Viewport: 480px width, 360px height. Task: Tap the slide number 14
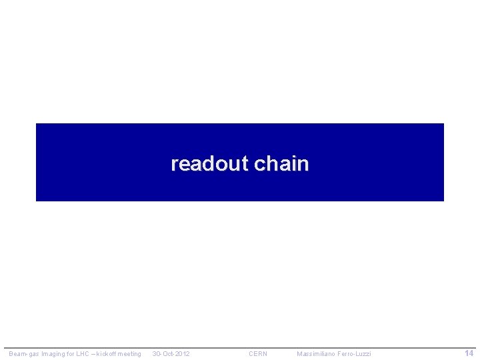(469, 353)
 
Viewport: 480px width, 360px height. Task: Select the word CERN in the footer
(258, 354)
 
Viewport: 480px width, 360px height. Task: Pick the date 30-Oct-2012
(171, 354)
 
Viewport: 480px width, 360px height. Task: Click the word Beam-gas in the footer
(21, 354)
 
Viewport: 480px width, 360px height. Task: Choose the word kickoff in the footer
(106, 354)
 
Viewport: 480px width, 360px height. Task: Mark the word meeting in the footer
(130, 354)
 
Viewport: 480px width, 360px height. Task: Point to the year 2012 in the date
(183, 354)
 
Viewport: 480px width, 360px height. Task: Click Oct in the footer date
(167, 354)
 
